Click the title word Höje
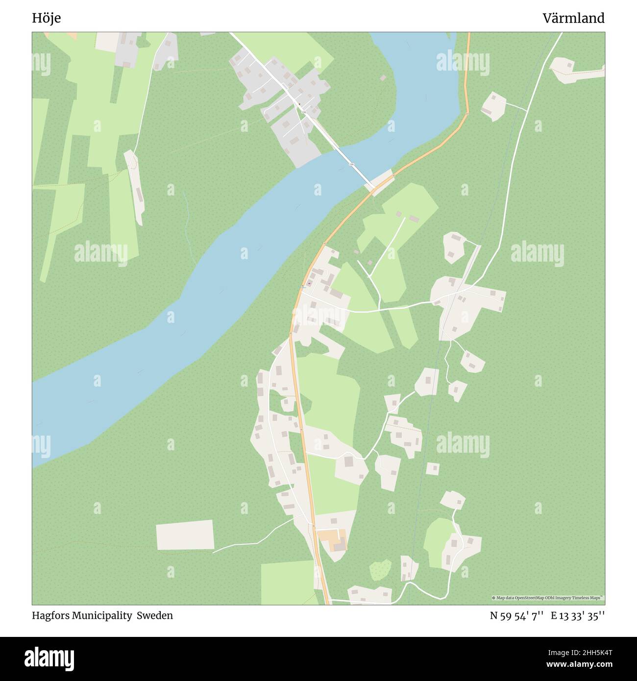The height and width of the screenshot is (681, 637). point(47,18)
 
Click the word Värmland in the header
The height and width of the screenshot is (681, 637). point(573,18)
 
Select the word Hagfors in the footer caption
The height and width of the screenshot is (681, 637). point(50,615)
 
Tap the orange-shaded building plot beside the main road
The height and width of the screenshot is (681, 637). point(333,539)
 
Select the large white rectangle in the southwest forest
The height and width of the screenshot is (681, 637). point(185,535)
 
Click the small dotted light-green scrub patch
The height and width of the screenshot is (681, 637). point(380,570)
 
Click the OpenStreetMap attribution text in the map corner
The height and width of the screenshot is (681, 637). point(547,598)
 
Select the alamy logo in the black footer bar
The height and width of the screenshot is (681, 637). point(49,658)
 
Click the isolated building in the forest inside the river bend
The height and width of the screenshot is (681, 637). point(382,78)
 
